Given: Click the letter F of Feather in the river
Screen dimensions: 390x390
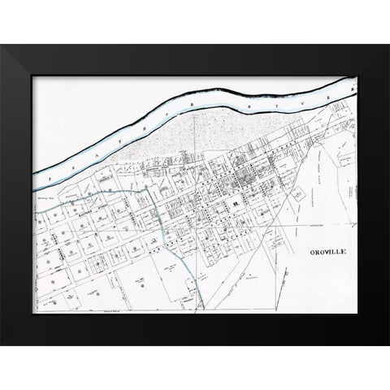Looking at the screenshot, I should pos(49,175).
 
